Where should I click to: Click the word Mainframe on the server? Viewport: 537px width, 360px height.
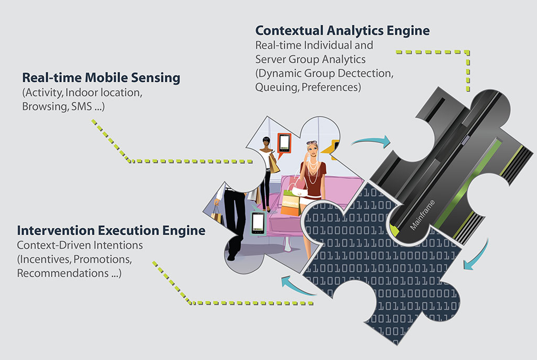423,214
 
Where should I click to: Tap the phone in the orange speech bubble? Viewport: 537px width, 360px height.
284,143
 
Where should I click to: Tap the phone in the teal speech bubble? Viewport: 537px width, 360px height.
258,223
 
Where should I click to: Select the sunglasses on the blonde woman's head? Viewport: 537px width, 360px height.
312,143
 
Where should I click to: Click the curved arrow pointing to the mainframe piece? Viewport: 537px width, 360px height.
372,141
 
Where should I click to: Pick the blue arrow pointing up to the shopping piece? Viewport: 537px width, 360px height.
297,286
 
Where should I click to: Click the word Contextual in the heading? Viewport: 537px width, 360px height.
289,30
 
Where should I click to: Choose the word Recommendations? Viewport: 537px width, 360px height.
63,273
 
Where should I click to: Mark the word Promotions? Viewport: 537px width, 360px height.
102,259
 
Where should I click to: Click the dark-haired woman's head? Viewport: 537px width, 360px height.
266,141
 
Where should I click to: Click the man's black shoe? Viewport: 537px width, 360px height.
232,256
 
